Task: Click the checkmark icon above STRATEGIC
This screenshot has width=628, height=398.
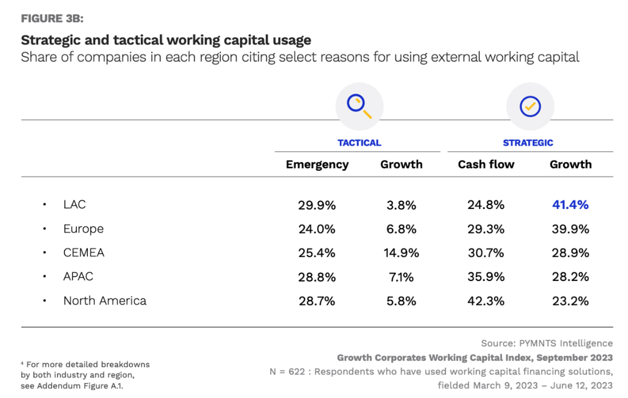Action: [x=530, y=106]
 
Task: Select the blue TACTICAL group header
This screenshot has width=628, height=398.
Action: [x=359, y=143]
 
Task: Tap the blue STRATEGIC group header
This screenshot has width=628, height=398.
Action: [x=528, y=143]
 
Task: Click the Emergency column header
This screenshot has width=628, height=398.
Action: [x=317, y=164]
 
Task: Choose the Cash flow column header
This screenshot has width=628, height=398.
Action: [x=486, y=164]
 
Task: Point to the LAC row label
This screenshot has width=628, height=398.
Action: [x=75, y=204]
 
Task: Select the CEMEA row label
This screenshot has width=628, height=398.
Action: [x=84, y=252]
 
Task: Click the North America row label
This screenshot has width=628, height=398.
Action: [x=105, y=300]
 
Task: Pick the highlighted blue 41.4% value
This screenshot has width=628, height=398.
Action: [x=570, y=204]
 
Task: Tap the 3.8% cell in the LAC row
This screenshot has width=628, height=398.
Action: [x=401, y=205]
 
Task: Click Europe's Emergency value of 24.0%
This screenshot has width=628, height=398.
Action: [x=317, y=229]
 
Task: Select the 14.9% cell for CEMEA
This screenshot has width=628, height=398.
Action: [x=401, y=253]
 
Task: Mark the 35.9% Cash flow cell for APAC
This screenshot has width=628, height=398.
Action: [x=486, y=277]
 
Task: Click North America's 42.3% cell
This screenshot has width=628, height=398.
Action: [x=486, y=301]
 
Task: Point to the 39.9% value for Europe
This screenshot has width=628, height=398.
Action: [x=570, y=229]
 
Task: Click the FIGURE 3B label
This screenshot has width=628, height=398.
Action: [x=52, y=18]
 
